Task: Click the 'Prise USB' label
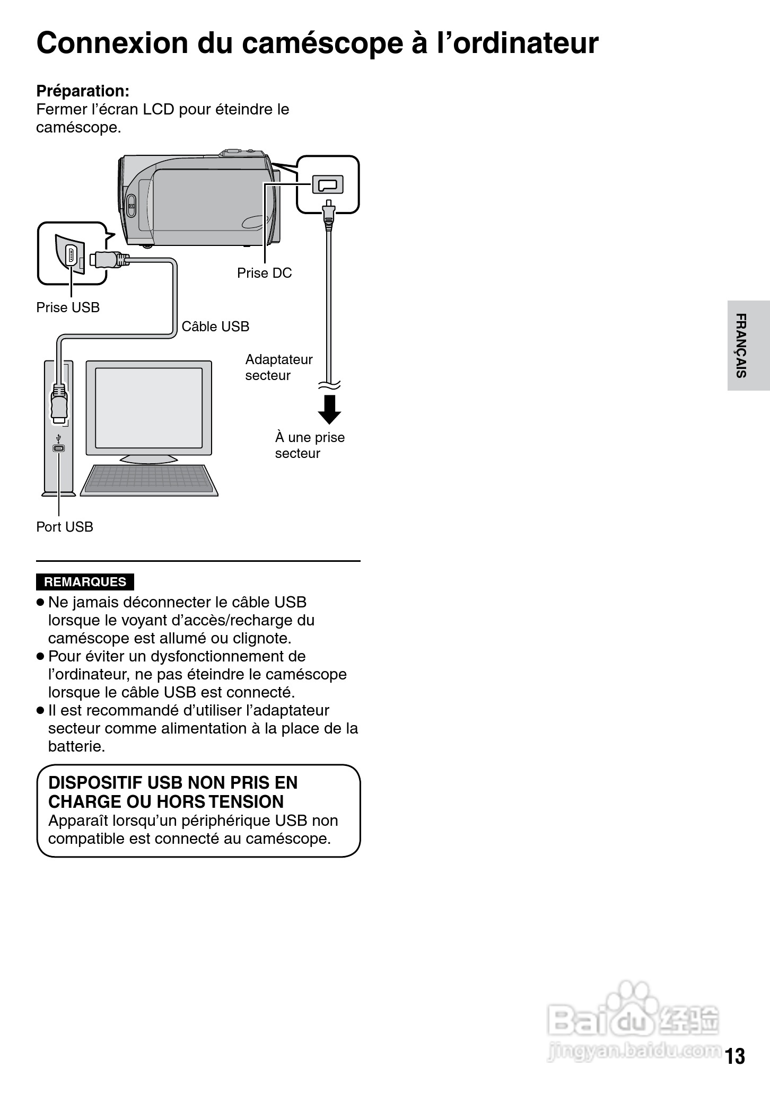click(68, 307)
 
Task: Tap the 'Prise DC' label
click(264, 273)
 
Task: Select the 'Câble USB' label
click(215, 327)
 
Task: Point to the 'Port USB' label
click(65, 527)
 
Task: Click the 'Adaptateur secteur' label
click(278, 367)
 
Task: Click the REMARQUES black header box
click(85, 582)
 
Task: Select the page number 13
click(735, 1056)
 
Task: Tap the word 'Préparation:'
click(83, 91)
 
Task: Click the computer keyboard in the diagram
click(149, 480)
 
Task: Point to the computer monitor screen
click(148, 408)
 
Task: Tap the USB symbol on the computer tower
click(58, 439)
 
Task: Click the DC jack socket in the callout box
click(327, 184)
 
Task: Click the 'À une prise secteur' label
click(310, 445)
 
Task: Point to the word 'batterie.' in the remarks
click(77, 746)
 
